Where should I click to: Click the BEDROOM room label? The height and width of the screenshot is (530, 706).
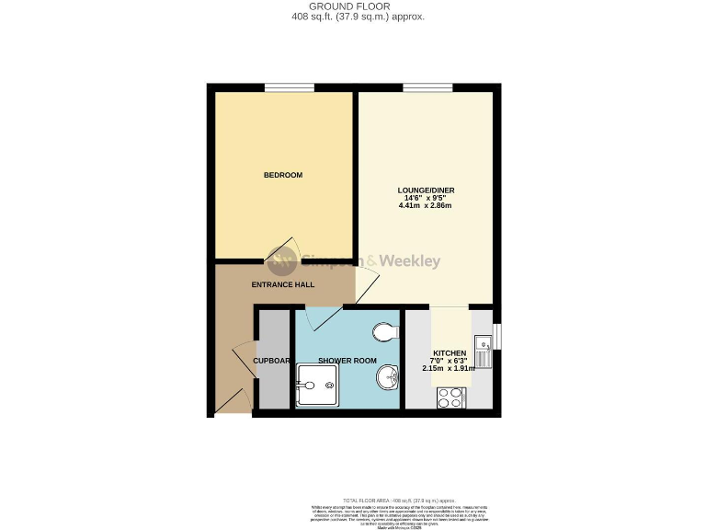283,175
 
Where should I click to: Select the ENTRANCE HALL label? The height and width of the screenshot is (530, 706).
283,284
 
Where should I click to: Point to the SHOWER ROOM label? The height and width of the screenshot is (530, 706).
347,361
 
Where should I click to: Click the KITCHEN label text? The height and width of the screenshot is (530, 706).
450,353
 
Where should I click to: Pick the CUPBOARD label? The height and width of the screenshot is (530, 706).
272,361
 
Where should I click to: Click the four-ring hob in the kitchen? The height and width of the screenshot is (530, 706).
450,397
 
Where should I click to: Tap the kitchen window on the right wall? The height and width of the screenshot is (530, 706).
497,337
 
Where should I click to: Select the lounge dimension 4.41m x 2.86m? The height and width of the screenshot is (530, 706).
427,205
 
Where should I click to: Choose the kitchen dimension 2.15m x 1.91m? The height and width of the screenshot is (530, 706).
450,368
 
